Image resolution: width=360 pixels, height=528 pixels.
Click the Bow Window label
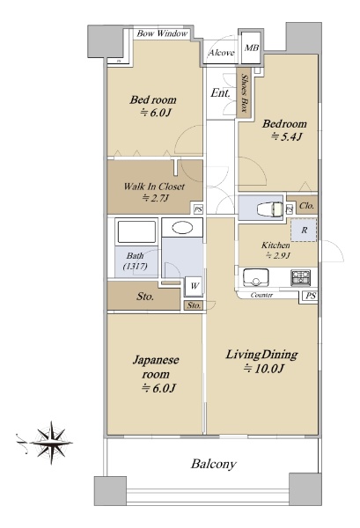click(x=162, y=33)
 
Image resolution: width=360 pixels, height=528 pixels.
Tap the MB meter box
click(x=251, y=48)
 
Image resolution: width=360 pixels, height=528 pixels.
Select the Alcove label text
click(x=221, y=53)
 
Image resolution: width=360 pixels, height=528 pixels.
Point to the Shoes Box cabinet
click(x=243, y=93)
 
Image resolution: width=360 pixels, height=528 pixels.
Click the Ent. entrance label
click(x=220, y=93)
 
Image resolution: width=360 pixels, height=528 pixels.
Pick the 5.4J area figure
click(x=286, y=136)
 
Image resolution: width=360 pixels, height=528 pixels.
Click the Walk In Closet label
click(x=154, y=187)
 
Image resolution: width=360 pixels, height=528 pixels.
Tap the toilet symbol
click(x=269, y=209)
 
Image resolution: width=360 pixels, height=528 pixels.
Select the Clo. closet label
click(x=306, y=205)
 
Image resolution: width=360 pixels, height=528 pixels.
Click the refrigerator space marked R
click(x=304, y=230)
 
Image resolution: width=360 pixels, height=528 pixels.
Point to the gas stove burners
click(x=300, y=277)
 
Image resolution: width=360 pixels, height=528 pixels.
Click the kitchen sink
click(x=255, y=277)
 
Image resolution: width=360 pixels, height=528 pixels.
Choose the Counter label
click(x=261, y=296)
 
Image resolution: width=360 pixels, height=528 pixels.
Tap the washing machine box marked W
click(x=195, y=287)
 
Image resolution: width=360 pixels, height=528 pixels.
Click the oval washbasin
click(x=182, y=228)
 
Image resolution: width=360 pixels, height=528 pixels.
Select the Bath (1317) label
click(x=135, y=261)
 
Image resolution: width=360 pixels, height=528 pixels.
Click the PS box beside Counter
click(x=311, y=296)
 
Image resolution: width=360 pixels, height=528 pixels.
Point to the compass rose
click(x=52, y=443)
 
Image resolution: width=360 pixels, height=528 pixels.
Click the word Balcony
click(x=214, y=464)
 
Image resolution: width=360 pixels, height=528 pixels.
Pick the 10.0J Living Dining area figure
click(x=264, y=369)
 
